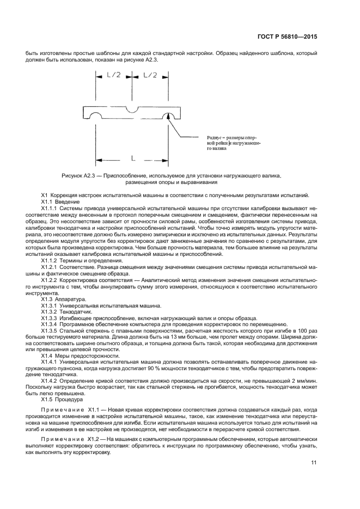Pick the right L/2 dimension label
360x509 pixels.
[148, 75]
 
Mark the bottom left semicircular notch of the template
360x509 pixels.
[95, 116]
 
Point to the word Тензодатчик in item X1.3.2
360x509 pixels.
[76, 312]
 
